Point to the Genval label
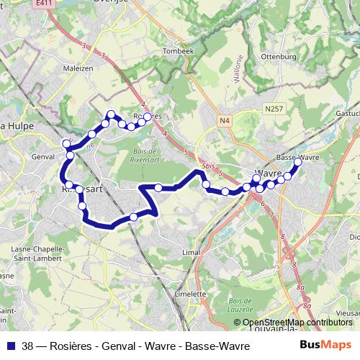coord(44,156)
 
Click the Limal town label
coord(191,253)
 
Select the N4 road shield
coord(225,120)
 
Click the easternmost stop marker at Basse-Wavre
coord(297,163)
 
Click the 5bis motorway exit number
coord(209,166)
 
